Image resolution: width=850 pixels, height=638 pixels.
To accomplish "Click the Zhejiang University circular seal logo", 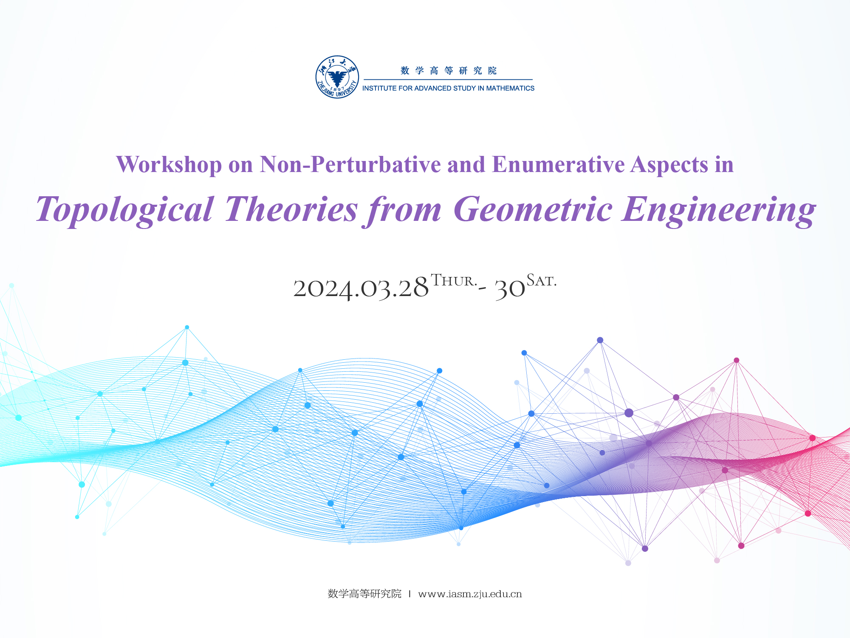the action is [x=337, y=77].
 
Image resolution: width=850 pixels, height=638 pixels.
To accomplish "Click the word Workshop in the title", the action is [x=169, y=164].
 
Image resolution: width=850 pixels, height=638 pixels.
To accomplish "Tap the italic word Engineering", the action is [x=719, y=210].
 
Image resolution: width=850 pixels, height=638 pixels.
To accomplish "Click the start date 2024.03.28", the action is [x=361, y=288].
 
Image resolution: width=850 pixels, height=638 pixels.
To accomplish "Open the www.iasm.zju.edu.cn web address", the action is [x=470, y=594].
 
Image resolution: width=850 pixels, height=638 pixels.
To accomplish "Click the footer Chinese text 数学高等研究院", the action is [x=364, y=594].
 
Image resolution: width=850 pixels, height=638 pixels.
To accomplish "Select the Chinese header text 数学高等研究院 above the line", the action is [x=449, y=71].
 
